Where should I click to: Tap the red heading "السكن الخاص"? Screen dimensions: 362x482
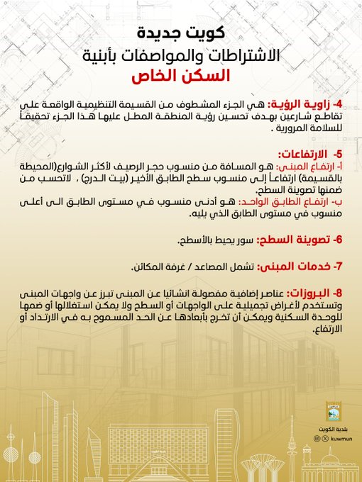180,75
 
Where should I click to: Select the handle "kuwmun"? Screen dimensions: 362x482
335,439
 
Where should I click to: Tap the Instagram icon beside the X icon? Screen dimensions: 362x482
316,439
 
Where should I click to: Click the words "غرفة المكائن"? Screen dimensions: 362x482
156,267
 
